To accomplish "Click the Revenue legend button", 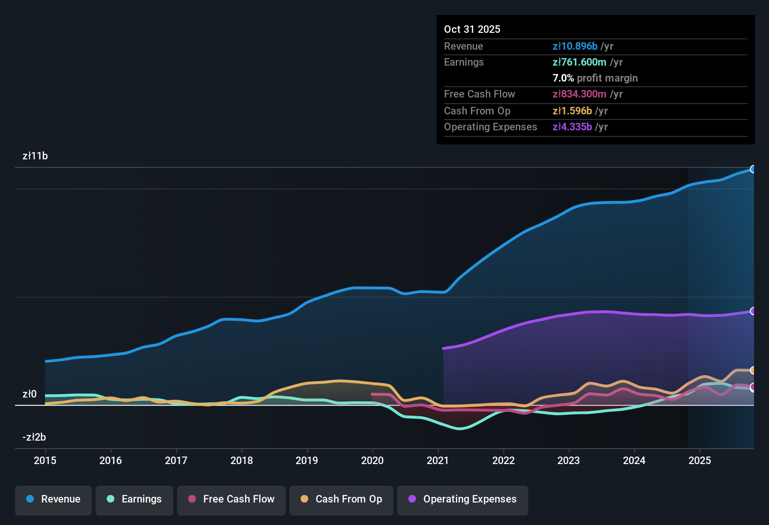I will pyautogui.click(x=53, y=499).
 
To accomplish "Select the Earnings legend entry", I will pyautogui.click(x=134, y=499).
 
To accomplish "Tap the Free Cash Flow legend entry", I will pyautogui.click(x=231, y=499).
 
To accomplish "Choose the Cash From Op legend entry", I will pyautogui.click(x=341, y=499).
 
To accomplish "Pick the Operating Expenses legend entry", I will pyautogui.click(x=463, y=499).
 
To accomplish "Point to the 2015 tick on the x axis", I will pyautogui.click(x=45, y=460).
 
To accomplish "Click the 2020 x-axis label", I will pyautogui.click(x=372, y=460).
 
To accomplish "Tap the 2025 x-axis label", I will pyautogui.click(x=700, y=460).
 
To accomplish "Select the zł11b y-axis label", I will pyautogui.click(x=35, y=156).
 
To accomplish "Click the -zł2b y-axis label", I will pyautogui.click(x=34, y=437).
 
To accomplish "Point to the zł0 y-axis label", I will pyautogui.click(x=30, y=394).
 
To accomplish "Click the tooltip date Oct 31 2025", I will pyautogui.click(x=472, y=29).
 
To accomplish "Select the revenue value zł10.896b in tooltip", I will pyautogui.click(x=575, y=46).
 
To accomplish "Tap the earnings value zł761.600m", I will pyautogui.click(x=579, y=62).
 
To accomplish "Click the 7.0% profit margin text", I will pyautogui.click(x=595, y=78).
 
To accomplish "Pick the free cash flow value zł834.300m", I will pyautogui.click(x=579, y=94).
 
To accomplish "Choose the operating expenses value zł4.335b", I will pyautogui.click(x=572, y=127).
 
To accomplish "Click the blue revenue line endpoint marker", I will pyautogui.click(x=753, y=169).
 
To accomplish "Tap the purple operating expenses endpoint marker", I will pyautogui.click(x=753, y=311).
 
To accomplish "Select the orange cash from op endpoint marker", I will pyautogui.click(x=753, y=370).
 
